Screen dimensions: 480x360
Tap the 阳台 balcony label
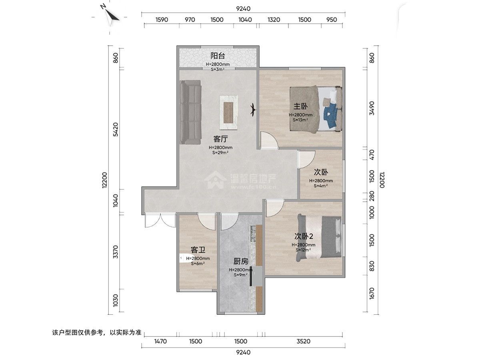[218, 56]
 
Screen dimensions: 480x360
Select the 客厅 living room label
[220, 139]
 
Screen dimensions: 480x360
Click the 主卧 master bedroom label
[300, 106]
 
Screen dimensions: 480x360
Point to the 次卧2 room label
[304, 236]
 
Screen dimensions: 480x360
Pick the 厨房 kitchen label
[241, 261]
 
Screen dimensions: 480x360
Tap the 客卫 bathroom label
[198, 250]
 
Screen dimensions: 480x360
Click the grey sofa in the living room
[190, 112]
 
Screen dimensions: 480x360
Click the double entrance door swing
[160, 221]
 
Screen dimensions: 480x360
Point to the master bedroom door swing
[269, 140]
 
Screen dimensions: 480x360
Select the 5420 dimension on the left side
[116, 130]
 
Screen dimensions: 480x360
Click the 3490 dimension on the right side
[372, 108]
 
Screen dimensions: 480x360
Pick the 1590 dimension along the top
[162, 20]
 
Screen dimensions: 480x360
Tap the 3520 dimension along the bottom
[304, 341]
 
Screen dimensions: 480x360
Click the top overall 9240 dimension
[243, 9]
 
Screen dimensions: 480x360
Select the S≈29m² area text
[220, 152]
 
